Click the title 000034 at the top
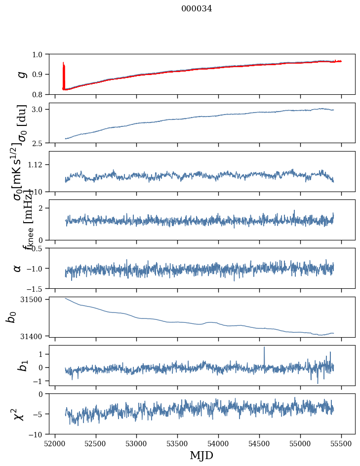click(197, 8)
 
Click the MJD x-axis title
click(201, 455)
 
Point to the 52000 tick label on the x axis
click(55, 443)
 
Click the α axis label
click(18, 268)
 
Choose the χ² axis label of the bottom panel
click(18, 414)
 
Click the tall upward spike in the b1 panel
click(264, 349)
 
